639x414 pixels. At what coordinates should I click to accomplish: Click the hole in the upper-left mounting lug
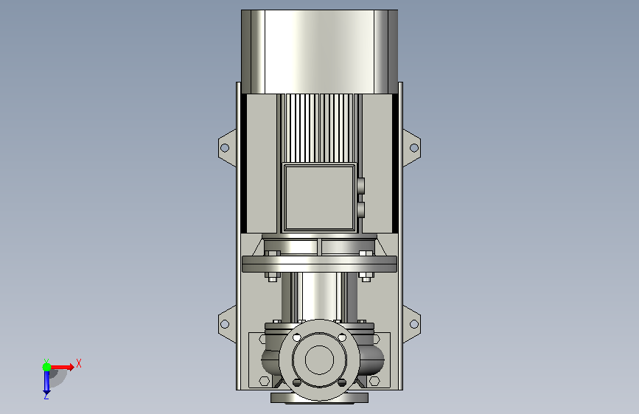[x=225, y=147]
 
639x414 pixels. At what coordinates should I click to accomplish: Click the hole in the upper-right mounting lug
[x=414, y=147]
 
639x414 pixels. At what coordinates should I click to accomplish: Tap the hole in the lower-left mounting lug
[x=225, y=324]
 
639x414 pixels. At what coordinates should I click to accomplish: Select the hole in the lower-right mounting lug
[x=414, y=324]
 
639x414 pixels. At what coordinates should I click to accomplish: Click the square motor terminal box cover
[x=320, y=197]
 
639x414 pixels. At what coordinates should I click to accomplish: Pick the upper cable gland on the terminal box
[x=360, y=186]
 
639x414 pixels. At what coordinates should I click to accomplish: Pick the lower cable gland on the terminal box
[x=360, y=210]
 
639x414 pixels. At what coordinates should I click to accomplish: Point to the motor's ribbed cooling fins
[x=320, y=128]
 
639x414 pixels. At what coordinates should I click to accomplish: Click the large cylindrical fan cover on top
[x=320, y=52]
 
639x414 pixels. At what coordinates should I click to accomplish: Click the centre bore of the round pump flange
[x=320, y=360]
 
